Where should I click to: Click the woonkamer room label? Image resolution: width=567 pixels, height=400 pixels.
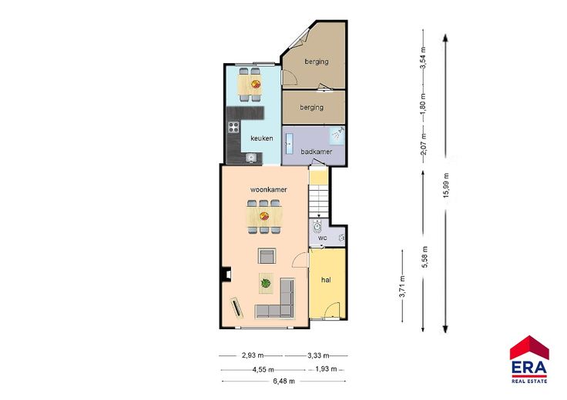[x=269, y=189]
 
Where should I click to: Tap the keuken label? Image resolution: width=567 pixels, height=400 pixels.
[x=262, y=138]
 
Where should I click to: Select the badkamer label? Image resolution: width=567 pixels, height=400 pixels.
[x=317, y=152]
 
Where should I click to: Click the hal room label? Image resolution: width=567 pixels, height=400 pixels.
[x=326, y=280]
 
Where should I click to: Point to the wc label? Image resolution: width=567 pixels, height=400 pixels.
[x=322, y=238]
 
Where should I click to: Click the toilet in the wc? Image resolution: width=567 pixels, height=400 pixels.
[x=317, y=226]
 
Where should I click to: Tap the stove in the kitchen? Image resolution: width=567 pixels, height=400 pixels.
[x=233, y=127]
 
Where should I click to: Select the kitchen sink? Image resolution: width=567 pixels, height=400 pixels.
[x=251, y=158]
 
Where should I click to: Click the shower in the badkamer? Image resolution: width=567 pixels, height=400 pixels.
[x=337, y=135]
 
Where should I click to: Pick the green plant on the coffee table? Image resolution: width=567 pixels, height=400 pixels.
[x=266, y=283]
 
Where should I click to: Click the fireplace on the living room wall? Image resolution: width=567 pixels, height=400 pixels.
[x=226, y=274]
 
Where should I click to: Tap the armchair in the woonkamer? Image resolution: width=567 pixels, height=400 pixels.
[x=267, y=256]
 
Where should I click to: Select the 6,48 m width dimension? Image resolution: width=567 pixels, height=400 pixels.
[x=284, y=381]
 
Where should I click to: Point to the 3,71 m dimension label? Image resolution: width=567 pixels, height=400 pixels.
[x=402, y=287]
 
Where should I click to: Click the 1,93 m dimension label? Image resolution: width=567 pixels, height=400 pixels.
[x=326, y=369]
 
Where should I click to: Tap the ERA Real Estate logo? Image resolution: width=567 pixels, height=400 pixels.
[x=529, y=359]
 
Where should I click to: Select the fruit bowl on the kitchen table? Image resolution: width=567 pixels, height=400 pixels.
[x=256, y=84]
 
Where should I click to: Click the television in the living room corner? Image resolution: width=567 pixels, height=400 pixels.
[x=237, y=308]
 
